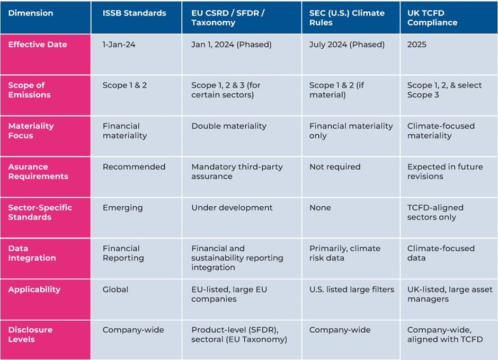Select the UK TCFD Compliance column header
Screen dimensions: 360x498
432,18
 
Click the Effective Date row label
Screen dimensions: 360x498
38,45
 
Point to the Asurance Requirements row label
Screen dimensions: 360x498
38,171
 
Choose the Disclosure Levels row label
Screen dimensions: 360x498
30,335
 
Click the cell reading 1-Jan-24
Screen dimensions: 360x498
119,45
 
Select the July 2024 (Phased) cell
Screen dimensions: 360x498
346,45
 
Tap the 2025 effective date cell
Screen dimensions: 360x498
417,45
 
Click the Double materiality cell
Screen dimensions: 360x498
229,126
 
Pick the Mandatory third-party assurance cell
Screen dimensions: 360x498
237,171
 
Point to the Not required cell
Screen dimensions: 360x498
335,167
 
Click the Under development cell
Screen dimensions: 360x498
232,208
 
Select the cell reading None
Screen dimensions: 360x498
321,208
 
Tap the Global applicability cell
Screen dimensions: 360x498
115,289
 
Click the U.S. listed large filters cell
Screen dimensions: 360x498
352,289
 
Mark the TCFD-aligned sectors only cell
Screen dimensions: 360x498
435,213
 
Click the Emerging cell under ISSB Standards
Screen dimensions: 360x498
122,208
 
